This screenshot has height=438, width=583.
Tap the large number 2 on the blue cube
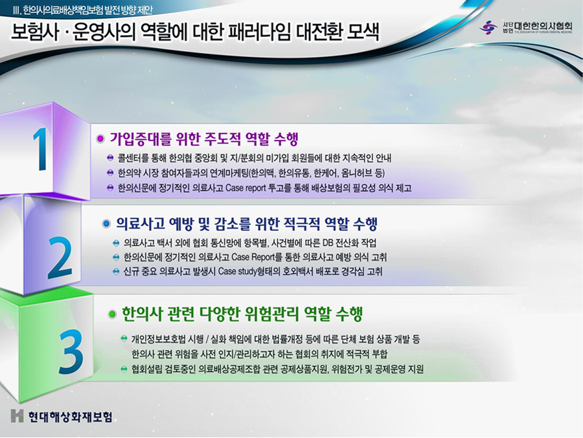[60, 257]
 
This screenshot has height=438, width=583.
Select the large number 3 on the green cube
[71, 352]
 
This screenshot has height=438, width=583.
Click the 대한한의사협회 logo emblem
[488, 27]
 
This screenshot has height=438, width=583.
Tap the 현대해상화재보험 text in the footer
[70, 416]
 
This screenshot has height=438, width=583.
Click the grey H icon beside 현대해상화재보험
[17, 416]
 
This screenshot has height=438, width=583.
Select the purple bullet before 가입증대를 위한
[100, 139]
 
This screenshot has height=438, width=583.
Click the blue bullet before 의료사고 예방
[106, 224]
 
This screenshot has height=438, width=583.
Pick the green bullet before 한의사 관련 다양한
[111, 314]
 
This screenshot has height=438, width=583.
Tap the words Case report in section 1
[246, 188]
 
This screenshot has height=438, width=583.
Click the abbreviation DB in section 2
[328, 243]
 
